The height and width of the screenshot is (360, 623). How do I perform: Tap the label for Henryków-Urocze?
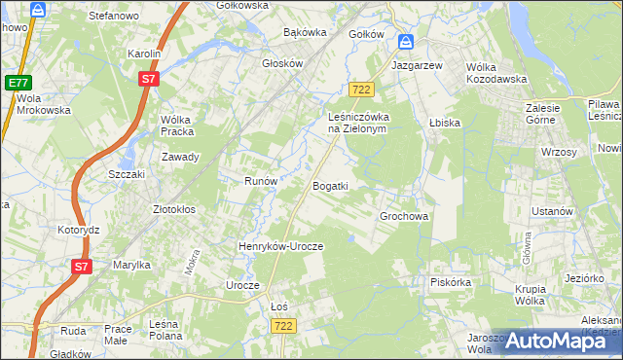[x=280, y=247]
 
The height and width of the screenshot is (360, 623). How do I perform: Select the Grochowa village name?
[x=404, y=217]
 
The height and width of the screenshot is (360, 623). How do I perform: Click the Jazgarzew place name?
[x=417, y=64]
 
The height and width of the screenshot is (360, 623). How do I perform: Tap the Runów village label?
[x=261, y=181]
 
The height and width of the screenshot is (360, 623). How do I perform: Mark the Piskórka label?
[x=451, y=282]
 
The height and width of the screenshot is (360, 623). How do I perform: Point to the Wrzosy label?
[x=559, y=153]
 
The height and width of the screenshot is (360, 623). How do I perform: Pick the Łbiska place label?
[x=443, y=124]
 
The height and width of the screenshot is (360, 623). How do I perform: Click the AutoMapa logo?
[x=556, y=340]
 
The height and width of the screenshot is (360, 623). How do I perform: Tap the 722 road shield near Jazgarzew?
[x=362, y=89]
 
